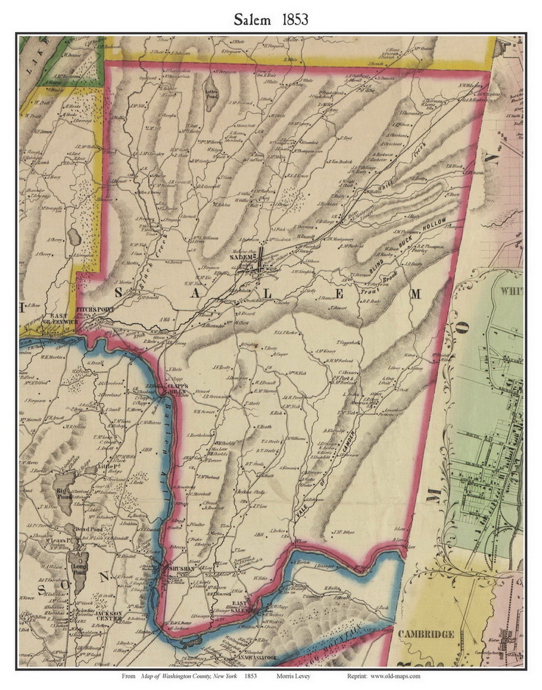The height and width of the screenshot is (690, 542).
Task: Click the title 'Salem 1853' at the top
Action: pos(270,20)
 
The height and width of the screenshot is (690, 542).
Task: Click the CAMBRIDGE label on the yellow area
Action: pos(426,634)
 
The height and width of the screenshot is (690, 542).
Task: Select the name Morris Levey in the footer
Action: pos(293,676)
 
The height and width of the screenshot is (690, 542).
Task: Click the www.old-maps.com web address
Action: pos(395,676)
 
